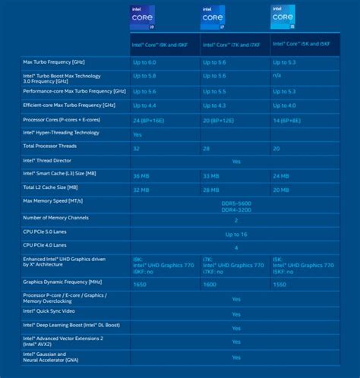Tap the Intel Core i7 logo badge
(213, 17)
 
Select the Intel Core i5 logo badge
(283, 17)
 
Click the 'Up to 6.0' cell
(145, 61)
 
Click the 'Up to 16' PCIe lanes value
(235, 234)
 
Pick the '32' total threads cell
(137, 147)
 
